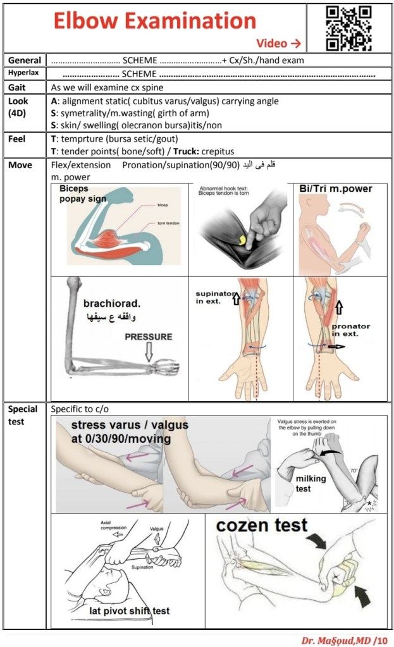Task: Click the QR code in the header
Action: pyautogui.click(x=348, y=27)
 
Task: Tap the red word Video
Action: pyautogui.click(x=273, y=43)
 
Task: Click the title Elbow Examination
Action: pyautogui.click(x=155, y=21)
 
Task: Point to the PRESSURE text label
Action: pyautogui.click(x=148, y=336)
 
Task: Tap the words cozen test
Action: pyautogui.click(x=262, y=525)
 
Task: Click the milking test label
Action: pyautogui.click(x=311, y=483)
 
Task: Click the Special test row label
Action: pyautogui.click(x=23, y=415)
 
